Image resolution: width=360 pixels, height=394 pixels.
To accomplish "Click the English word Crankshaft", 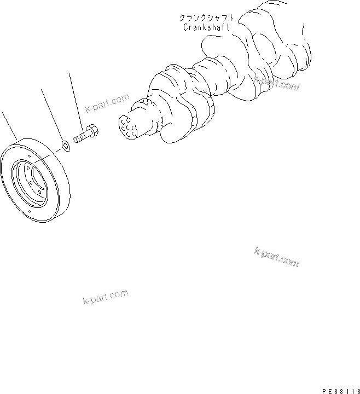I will tap(205, 27).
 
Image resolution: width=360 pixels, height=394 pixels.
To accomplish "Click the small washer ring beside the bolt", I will tap(65, 146).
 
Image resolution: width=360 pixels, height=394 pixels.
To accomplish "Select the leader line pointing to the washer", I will tap(52, 115).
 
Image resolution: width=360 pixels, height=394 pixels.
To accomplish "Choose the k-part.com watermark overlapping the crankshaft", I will tap(276, 84).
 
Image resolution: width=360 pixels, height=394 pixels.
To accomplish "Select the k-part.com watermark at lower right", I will tap(276, 257).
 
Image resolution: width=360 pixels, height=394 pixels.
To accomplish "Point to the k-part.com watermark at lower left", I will tap(105, 297).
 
